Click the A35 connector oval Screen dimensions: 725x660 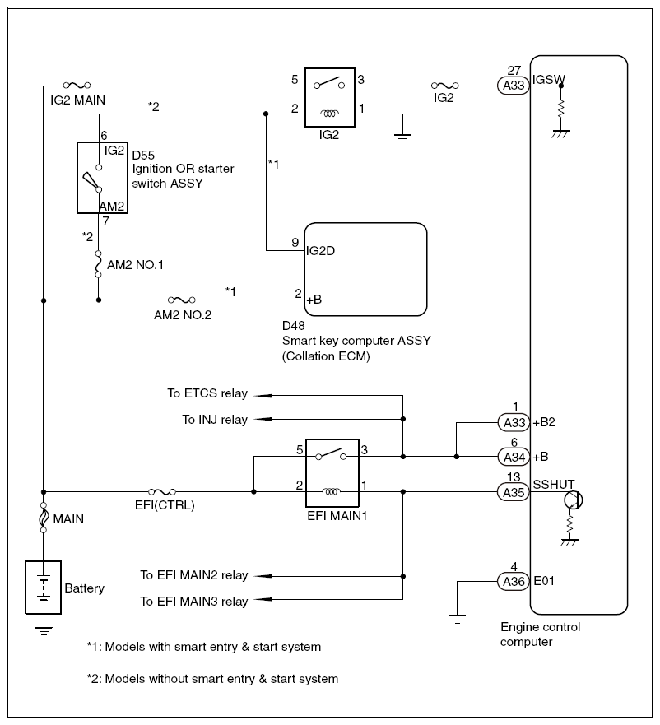click(x=514, y=492)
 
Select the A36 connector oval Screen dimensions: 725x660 click(x=514, y=581)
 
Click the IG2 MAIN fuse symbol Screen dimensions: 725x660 click(x=77, y=85)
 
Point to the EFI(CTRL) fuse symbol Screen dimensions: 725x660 click(x=161, y=492)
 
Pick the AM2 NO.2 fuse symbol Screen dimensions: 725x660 click(x=181, y=300)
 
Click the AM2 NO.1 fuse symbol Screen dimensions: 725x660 click(x=99, y=263)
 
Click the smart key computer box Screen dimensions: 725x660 click(x=366, y=268)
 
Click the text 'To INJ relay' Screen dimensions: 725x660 click(x=214, y=420)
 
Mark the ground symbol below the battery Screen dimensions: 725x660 click(x=42, y=631)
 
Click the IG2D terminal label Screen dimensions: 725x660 click(x=320, y=250)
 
